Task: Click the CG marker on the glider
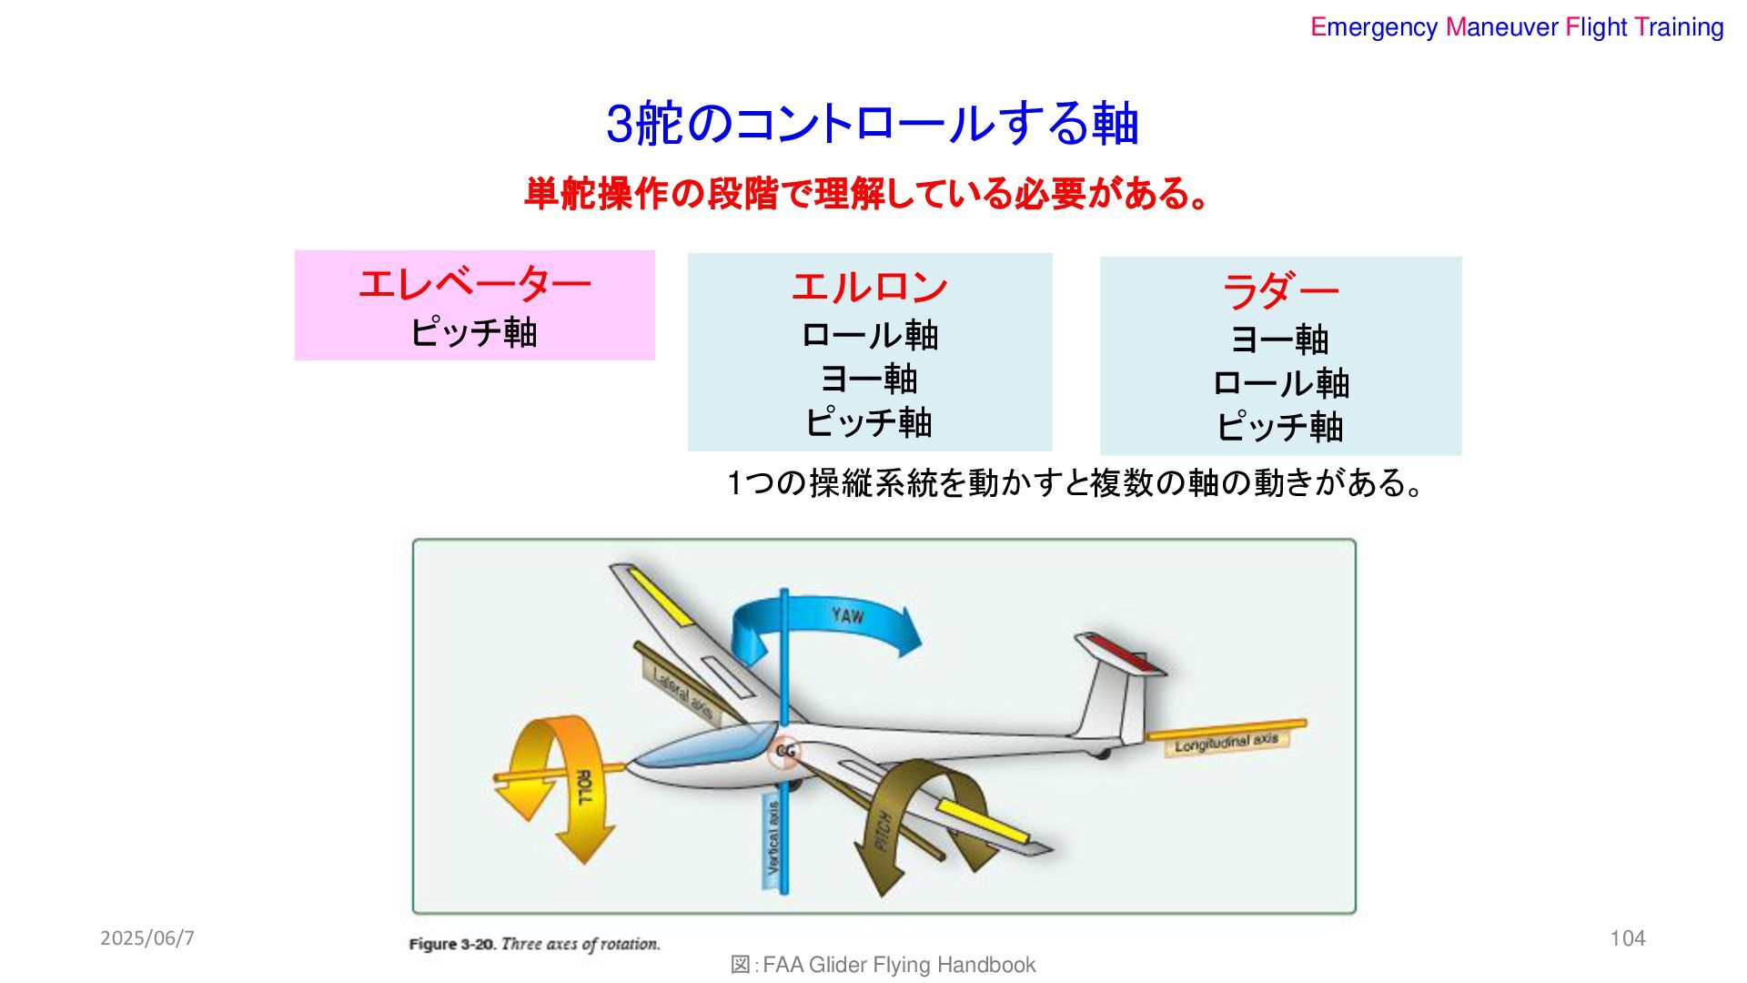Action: point(784,752)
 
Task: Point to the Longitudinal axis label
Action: point(1226,743)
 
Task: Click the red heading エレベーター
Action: point(474,285)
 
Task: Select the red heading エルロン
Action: point(869,288)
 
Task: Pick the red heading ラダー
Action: point(1279,292)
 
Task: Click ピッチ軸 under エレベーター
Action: point(474,332)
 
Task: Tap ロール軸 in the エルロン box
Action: point(869,336)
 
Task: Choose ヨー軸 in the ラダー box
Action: point(1279,340)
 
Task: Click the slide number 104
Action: point(1627,938)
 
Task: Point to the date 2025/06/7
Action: point(147,938)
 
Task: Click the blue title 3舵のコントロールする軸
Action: point(872,124)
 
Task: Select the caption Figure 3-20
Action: point(534,944)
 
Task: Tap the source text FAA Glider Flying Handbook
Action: point(898,965)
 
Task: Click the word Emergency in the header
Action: point(1373,27)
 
